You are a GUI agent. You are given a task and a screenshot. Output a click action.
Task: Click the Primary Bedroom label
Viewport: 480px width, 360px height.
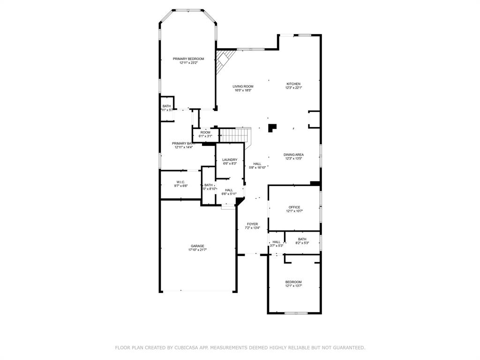[188, 59]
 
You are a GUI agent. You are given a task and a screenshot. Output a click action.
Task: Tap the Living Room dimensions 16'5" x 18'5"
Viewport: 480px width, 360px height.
[243, 90]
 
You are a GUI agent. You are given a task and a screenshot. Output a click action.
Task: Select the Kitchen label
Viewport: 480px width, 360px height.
[293, 84]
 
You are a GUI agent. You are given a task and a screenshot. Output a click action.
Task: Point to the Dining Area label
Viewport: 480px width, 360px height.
[293, 155]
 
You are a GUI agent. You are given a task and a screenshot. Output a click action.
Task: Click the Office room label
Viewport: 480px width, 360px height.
[294, 207]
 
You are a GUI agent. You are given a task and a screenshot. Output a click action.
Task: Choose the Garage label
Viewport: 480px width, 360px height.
[197, 246]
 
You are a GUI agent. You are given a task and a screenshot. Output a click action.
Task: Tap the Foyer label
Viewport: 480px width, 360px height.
[252, 224]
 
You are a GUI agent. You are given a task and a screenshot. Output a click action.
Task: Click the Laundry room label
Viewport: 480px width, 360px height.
[230, 160]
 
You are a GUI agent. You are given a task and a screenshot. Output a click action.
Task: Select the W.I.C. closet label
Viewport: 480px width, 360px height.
[181, 182]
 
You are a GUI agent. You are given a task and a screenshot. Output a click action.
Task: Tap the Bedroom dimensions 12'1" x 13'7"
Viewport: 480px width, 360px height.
[293, 285]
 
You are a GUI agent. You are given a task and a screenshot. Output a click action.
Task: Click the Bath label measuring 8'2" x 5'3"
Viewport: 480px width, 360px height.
[302, 239]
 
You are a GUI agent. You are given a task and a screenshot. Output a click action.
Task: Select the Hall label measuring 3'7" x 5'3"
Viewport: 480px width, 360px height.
[277, 242]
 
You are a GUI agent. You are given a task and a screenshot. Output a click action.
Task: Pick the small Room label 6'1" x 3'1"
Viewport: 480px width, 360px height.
[205, 132]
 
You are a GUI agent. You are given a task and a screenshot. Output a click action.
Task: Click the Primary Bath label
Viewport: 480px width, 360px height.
[183, 143]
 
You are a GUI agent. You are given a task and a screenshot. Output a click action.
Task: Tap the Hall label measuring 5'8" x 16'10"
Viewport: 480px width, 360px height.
[257, 164]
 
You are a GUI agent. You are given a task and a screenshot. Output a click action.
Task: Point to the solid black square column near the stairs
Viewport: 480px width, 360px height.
[272, 127]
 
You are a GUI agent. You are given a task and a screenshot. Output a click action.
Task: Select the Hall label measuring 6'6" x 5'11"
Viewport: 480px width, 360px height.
[229, 190]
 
